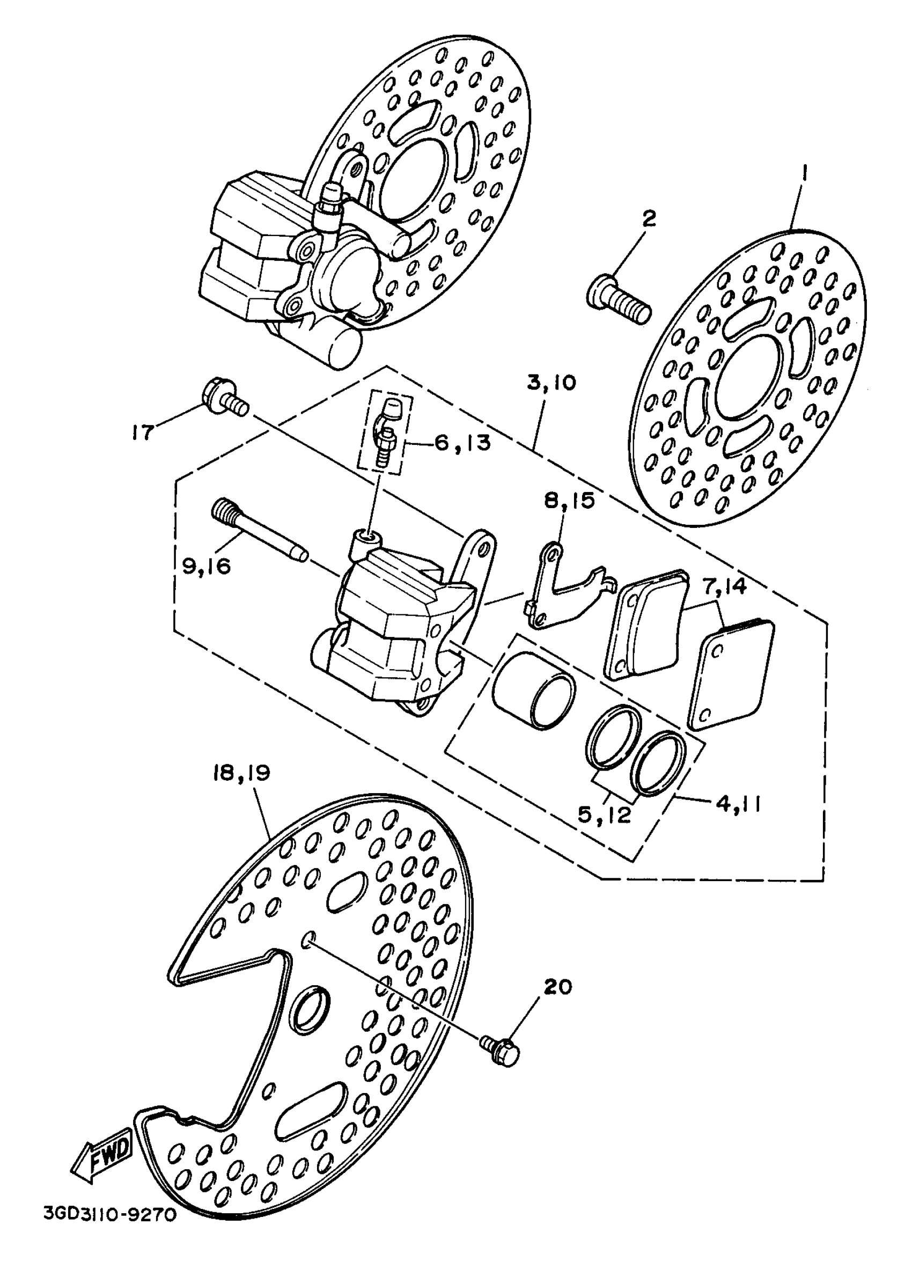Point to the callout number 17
(143, 432)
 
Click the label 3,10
(550, 384)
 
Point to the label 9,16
(207, 566)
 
